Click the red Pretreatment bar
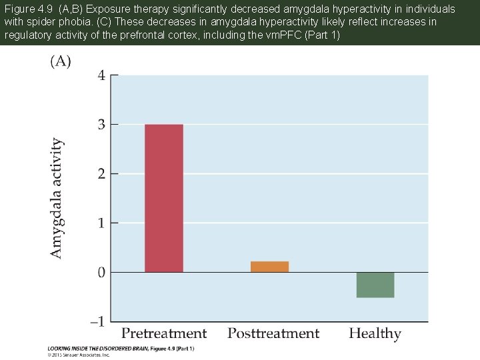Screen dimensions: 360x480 coord(163,198)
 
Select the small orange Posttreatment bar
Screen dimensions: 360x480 coord(269,267)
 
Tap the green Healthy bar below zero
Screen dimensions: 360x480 coord(375,285)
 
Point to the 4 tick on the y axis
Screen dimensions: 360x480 coord(101,75)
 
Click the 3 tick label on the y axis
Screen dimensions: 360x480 coord(101,125)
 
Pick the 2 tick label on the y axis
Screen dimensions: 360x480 coord(101,174)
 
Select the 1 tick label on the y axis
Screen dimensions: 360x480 coord(101,223)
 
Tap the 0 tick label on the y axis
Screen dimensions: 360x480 coord(101,272)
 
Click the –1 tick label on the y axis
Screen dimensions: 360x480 coord(98,321)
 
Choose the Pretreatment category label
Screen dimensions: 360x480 coord(164,333)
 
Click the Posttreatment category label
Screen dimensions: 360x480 coord(273,333)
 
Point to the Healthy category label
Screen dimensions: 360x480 coord(375,333)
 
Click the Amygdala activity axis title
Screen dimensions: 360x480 coord(58,198)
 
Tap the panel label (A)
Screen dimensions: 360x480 coord(61,61)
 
